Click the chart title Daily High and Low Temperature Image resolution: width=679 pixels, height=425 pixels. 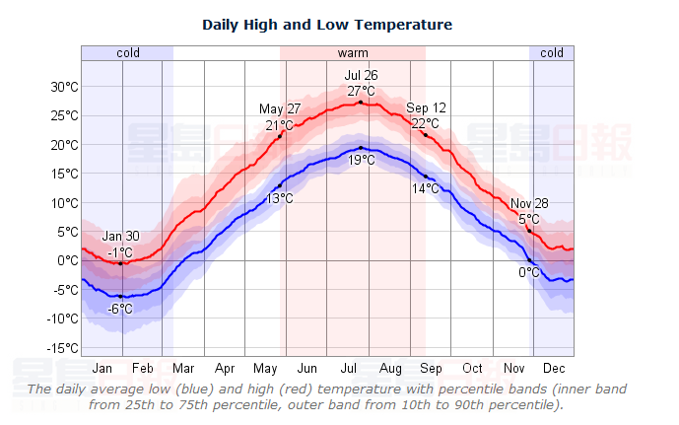(327, 24)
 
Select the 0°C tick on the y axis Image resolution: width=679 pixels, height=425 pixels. (68, 261)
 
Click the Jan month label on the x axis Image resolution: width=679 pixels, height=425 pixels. (102, 369)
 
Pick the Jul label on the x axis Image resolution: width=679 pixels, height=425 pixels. (349, 369)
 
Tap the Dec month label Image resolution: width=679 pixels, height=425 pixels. (553, 369)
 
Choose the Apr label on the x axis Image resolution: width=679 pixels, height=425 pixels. (225, 369)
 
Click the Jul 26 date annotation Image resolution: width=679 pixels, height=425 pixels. (361, 76)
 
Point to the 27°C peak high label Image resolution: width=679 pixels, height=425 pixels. (361, 92)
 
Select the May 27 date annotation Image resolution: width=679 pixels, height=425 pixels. (280, 108)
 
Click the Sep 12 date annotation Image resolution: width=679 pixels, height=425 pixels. (426, 107)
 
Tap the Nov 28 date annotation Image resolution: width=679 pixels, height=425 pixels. (530, 204)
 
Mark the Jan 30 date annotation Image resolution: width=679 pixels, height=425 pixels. (120, 238)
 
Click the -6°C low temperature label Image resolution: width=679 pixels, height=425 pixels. (120, 309)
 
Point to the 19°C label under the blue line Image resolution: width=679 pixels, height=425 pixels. (361, 161)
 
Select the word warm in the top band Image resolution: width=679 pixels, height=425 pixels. (353, 52)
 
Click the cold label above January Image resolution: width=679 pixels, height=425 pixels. (127, 52)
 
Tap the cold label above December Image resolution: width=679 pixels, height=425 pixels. (552, 52)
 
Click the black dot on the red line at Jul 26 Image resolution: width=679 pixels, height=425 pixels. (361, 103)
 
